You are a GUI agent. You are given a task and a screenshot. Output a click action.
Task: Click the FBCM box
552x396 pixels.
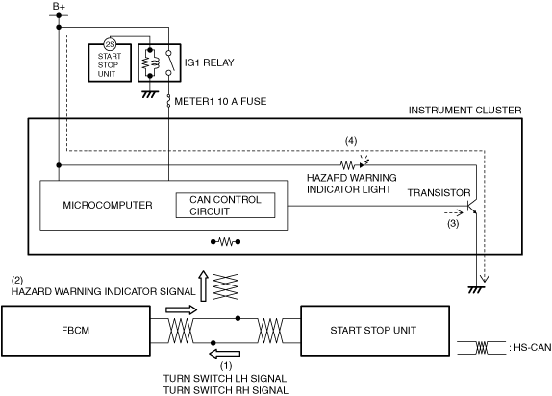tap(76, 331)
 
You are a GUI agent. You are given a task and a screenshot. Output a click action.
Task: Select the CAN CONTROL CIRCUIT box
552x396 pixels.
tap(225, 206)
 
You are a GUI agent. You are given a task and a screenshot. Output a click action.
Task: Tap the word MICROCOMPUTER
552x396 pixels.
tap(108, 206)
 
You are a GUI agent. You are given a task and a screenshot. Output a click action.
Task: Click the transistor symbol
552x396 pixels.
tap(472, 207)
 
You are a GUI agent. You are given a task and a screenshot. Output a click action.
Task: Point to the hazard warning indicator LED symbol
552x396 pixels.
tap(364, 163)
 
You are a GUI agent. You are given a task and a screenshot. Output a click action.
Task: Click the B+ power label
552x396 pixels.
tap(59, 6)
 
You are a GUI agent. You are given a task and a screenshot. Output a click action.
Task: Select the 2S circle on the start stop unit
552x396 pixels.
tap(110, 44)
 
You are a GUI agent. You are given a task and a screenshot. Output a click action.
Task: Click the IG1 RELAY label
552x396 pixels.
tap(209, 62)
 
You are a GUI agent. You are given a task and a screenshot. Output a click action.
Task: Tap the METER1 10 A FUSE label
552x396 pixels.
tap(220, 101)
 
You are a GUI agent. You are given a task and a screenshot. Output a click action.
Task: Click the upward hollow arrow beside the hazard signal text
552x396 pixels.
tap(203, 285)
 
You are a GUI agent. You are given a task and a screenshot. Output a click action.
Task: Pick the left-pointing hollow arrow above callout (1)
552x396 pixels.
tap(225, 354)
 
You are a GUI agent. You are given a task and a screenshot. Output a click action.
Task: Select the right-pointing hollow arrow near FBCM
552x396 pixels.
tap(182, 309)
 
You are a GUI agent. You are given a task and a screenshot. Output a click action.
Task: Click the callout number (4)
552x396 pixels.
tap(351, 141)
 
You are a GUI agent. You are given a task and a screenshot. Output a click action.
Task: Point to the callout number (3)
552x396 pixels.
tap(453, 223)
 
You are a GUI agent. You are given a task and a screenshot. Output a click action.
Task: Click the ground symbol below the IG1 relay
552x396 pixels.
tap(150, 94)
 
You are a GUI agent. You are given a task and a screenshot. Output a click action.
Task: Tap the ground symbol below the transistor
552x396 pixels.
tap(476, 289)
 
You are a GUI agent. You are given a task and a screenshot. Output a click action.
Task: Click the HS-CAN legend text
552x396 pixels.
tap(530, 347)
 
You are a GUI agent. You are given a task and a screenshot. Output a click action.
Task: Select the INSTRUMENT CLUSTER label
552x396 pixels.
tap(464, 111)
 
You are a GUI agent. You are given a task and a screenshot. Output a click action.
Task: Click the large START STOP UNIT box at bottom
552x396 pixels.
tap(375, 331)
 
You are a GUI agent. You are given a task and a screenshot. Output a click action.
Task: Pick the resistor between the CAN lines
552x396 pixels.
tap(225, 242)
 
